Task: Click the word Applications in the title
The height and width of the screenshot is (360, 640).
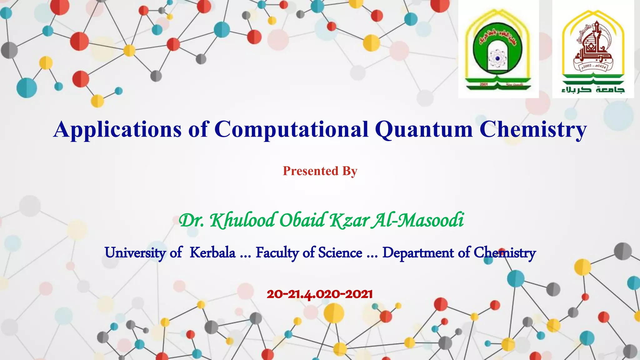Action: tap(117, 129)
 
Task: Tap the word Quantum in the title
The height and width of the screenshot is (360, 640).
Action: tap(424, 129)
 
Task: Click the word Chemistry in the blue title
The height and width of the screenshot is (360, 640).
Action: tap(533, 129)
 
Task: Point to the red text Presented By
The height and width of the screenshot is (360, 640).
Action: tap(320, 171)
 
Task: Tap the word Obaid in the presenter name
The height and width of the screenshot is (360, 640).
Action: tap(302, 220)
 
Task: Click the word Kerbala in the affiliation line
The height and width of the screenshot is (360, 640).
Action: tap(212, 252)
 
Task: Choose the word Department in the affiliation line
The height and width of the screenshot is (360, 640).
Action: tap(418, 252)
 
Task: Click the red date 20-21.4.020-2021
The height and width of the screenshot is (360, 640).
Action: tap(320, 294)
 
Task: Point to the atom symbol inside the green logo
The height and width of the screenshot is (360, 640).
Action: tap(497, 58)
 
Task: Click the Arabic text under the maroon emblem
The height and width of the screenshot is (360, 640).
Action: tap(593, 90)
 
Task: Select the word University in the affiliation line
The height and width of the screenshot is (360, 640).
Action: tap(135, 252)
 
